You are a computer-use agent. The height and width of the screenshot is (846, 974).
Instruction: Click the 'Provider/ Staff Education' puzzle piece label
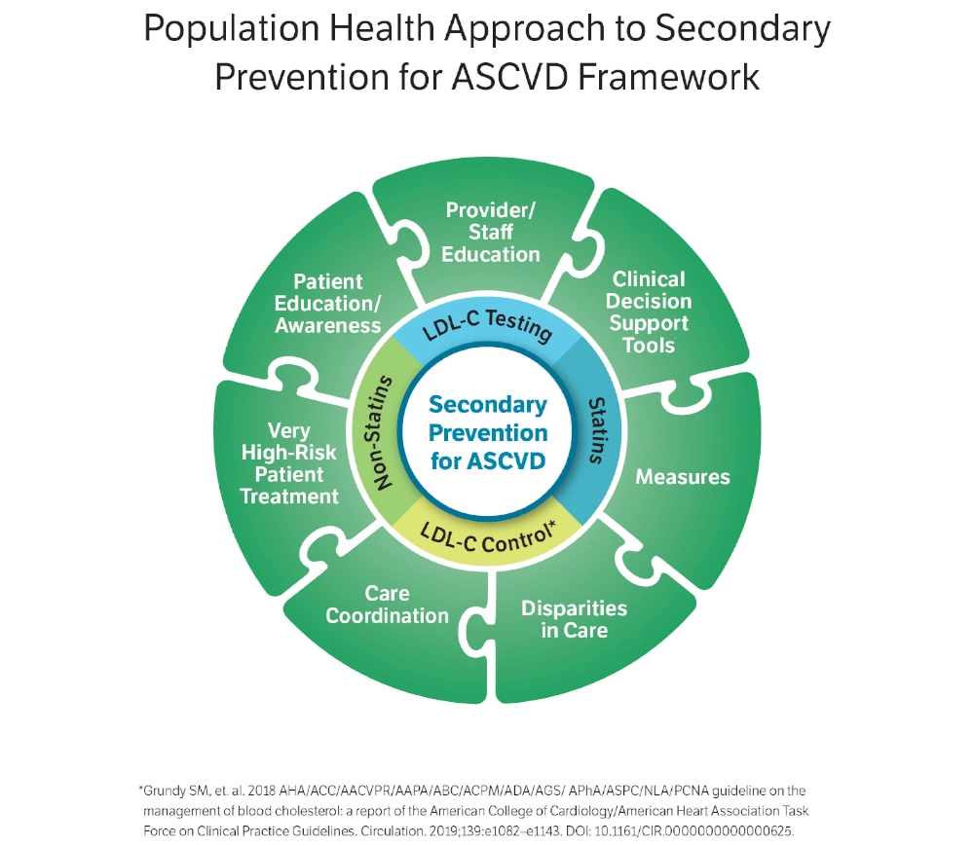(x=490, y=232)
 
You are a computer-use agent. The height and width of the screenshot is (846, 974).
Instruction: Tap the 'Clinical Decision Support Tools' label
(x=649, y=312)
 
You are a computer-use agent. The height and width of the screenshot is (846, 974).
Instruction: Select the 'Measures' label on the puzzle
(x=683, y=477)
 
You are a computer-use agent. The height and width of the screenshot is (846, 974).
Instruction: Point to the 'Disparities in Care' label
(x=574, y=619)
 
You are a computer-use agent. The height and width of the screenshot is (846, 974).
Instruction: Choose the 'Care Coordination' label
(x=387, y=604)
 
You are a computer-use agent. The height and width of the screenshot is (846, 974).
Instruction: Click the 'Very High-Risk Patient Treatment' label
(x=289, y=463)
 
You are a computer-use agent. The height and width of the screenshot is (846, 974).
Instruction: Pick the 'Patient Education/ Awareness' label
(x=327, y=304)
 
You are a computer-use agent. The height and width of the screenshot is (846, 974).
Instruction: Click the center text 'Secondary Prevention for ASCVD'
(x=488, y=432)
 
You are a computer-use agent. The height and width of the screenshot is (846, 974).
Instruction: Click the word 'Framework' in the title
(x=668, y=77)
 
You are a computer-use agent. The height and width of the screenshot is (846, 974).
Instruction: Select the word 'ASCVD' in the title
(x=509, y=77)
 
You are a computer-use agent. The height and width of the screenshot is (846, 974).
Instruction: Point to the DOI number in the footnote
(x=693, y=831)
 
